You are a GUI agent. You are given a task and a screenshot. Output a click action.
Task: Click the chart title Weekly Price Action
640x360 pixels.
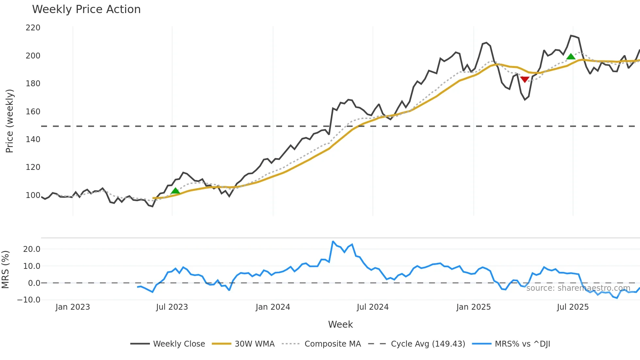click(x=86, y=9)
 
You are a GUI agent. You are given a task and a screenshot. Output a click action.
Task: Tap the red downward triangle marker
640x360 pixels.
click(x=525, y=79)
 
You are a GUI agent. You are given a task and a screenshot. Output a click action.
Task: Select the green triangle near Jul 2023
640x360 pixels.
click(x=175, y=191)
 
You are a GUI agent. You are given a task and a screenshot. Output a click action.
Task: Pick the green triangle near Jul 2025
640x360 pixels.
click(x=571, y=57)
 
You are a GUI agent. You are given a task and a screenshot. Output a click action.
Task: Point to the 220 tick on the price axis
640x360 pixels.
click(x=33, y=28)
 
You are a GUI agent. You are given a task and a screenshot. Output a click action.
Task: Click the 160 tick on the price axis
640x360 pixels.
click(x=33, y=112)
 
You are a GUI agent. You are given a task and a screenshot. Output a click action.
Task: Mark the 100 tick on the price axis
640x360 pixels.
click(x=33, y=195)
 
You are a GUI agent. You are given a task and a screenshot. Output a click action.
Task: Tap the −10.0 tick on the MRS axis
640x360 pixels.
click(x=29, y=300)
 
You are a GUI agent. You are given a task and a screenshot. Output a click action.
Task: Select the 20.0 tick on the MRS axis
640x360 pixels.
click(x=32, y=249)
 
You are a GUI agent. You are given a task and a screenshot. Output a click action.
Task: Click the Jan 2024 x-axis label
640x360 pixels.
click(x=273, y=307)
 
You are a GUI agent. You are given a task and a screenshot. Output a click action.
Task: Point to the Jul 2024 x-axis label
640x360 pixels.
click(x=373, y=307)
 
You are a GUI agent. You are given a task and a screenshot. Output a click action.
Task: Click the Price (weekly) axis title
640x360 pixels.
click(x=9, y=121)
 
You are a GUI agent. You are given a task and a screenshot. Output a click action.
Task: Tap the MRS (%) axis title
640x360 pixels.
click(x=5, y=270)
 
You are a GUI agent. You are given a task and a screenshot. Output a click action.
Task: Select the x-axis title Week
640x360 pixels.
click(x=340, y=324)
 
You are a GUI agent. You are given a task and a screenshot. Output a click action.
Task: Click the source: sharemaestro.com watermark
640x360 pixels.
click(x=578, y=288)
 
